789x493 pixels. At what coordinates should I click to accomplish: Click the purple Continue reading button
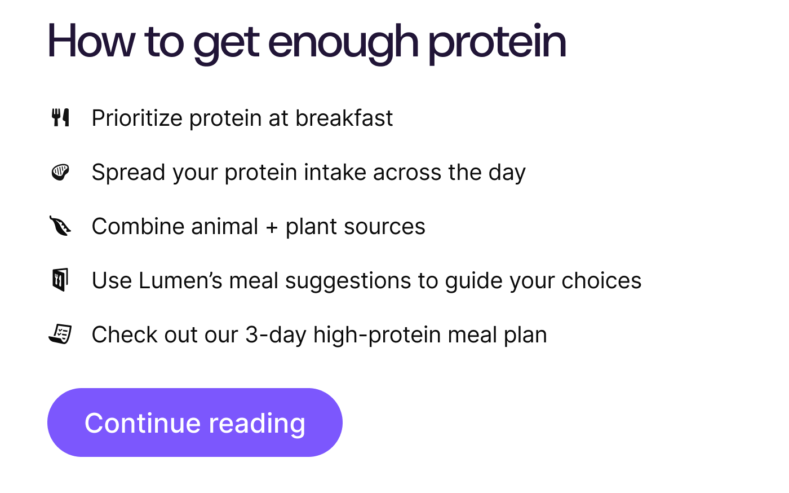[195, 422]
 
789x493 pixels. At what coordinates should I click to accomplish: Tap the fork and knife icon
[60, 117]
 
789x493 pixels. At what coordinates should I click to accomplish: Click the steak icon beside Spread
[60, 172]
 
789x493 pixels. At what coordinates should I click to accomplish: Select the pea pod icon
[60, 226]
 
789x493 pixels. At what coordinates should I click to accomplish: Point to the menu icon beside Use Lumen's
[60, 280]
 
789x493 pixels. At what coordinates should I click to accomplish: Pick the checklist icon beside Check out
[60, 334]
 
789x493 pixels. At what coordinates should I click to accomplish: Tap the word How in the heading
[91, 41]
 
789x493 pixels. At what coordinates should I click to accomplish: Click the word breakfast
[344, 118]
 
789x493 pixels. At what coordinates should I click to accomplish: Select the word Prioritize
[137, 118]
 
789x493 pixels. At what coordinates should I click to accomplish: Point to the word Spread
[128, 173]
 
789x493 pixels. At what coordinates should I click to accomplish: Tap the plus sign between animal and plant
[272, 227]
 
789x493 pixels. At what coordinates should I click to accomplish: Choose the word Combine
[138, 226]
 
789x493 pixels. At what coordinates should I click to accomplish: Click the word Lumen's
[180, 281]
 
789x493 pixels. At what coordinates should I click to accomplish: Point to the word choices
[601, 281]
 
